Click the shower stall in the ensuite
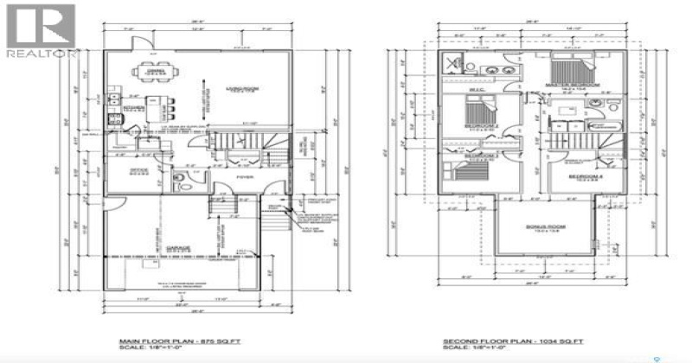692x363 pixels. (451, 65)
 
